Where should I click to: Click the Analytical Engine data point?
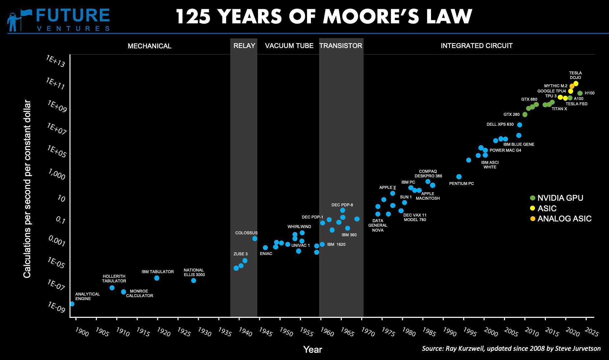coord(72,304)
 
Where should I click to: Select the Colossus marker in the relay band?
coord(255,239)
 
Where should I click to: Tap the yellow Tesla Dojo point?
coord(576,84)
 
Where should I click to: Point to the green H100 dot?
coord(580,93)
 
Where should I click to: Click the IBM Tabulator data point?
coord(157,278)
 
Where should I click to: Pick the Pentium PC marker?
coord(459,177)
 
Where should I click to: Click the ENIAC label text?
coord(266,254)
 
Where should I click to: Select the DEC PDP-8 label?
coord(342,205)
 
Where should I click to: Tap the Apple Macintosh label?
coord(427,196)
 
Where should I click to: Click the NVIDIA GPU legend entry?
coord(560,198)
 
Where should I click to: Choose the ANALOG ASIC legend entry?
coord(564,219)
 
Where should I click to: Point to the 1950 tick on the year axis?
coord(286,332)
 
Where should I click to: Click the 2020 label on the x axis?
coord(572,332)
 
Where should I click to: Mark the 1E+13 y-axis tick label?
coord(56,61)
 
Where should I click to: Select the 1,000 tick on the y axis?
coord(57,174)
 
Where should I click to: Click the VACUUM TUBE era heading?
coord(289,46)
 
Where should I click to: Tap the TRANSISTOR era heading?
coord(341,46)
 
